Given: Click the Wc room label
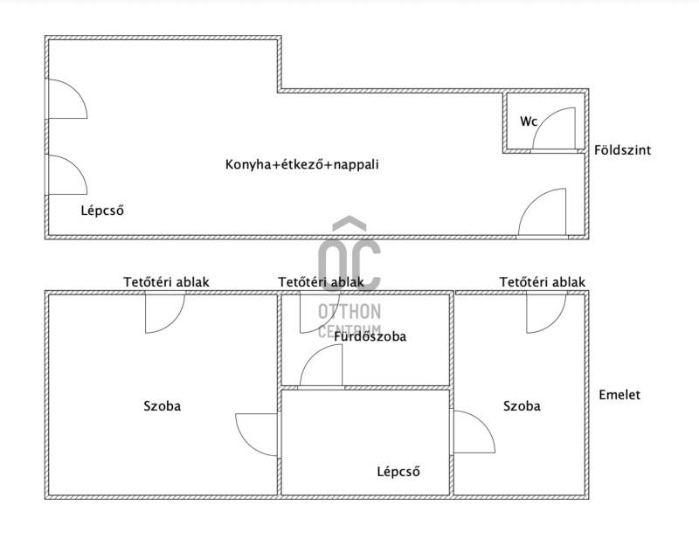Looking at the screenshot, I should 529,121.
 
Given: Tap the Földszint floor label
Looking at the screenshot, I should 622,150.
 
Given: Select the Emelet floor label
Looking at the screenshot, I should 619,395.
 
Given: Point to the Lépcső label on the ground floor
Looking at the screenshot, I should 101,210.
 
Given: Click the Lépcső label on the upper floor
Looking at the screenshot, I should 398,472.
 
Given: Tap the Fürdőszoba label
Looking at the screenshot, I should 370,335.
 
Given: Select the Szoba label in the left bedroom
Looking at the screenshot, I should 163,405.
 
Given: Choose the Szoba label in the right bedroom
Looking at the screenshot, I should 522,405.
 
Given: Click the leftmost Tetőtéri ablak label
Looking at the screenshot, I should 166,281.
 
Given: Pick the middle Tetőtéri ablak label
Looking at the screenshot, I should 321,281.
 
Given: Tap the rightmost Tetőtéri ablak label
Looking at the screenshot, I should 543,281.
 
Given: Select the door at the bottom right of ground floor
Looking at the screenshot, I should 543,215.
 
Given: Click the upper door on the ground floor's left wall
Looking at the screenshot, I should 66,98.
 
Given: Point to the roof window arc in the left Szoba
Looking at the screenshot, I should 163,313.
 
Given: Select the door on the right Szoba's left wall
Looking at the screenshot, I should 472,432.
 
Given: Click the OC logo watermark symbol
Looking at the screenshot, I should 349,253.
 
